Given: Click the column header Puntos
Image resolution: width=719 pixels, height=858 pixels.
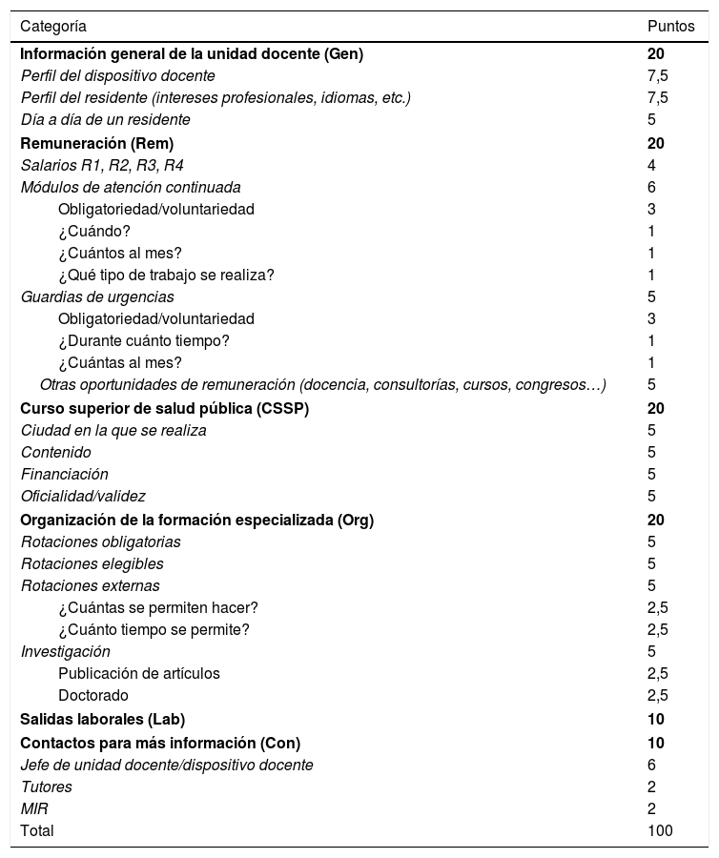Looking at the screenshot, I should click(670, 26).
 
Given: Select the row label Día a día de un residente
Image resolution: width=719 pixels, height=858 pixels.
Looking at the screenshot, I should click(106, 119).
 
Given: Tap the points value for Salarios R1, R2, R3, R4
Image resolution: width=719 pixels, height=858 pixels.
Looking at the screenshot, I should click(651, 165).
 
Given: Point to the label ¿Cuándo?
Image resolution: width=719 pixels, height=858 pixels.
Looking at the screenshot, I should click(94, 231).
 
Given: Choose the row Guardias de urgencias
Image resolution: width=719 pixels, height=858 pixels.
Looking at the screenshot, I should click(97, 296).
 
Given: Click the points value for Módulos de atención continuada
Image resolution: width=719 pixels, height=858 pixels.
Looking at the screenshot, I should click(651, 187).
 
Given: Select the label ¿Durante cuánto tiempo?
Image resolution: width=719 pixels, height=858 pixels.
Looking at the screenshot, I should click(144, 340).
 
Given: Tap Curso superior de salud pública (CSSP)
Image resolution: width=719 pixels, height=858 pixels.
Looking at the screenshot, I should click(165, 408).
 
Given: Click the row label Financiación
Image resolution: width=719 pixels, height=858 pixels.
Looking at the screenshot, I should click(65, 474).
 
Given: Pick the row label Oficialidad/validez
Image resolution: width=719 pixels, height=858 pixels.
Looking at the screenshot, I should click(83, 496).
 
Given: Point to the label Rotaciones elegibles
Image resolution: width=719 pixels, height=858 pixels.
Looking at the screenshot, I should click(92, 563).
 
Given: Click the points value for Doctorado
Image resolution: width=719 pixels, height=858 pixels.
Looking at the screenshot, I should click(658, 695).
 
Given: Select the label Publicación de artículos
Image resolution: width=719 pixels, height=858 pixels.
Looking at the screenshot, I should click(139, 673).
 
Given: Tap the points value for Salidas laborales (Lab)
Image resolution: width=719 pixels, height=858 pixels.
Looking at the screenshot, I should click(655, 719).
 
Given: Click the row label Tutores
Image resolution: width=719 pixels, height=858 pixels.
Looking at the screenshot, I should click(47, 786).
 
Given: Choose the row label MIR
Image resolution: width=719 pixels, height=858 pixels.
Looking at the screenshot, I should click(34, 808).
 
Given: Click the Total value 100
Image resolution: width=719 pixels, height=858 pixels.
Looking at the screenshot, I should click(660, 830).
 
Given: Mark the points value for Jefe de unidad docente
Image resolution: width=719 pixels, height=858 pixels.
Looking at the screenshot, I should click(651, 765).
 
